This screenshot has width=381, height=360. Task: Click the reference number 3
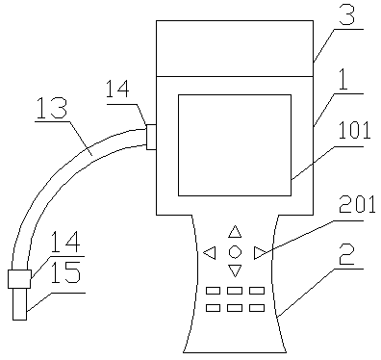click(x=347, y=14)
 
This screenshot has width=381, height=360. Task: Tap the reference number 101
click(x=354, y=130)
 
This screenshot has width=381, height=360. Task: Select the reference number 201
click(x=357, y=204)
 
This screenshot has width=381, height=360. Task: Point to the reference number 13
click(x=52, y=108)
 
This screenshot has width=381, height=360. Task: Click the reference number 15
click(x=65, y=272)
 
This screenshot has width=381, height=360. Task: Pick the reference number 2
click(x=347, y=255)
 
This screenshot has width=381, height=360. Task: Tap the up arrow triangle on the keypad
click(x=235, y=232)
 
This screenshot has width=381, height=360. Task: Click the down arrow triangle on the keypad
click(x=235, y=270)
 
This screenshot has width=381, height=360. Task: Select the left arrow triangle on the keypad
click(x=210, y=252)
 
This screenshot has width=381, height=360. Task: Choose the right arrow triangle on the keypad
click(x=260, y=252)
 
